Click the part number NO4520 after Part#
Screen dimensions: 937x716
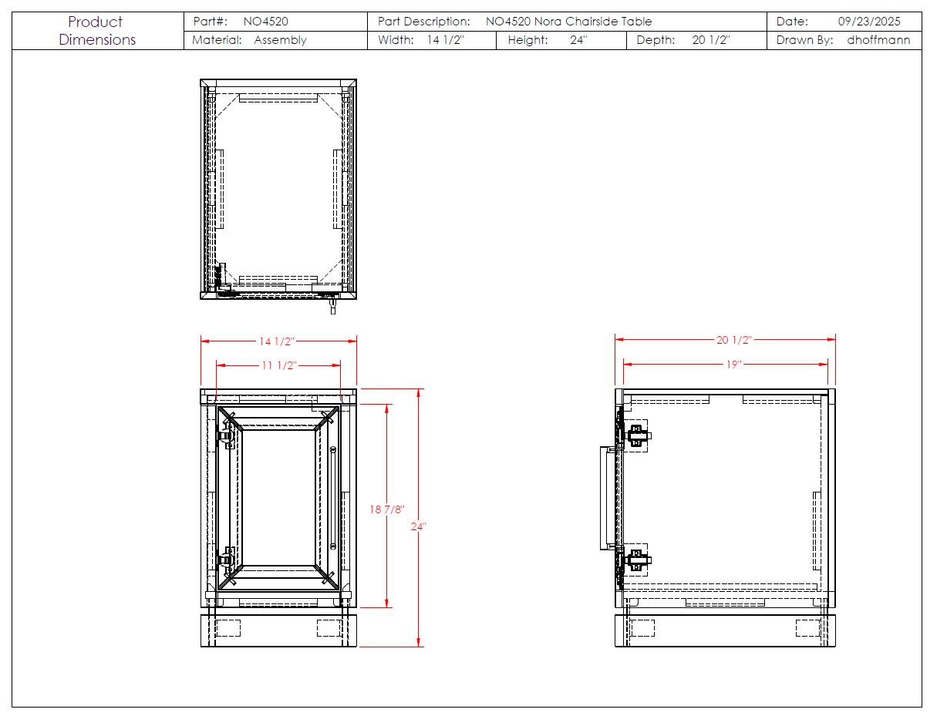(265, 22)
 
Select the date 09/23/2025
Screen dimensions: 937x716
(869, 22)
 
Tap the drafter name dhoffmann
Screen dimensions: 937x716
(878, 40)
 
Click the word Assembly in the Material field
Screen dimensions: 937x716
(280, 41)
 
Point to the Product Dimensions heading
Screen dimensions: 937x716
(97, 31)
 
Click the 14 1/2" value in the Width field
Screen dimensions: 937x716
(445, 40)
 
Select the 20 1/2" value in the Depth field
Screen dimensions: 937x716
(711, 40)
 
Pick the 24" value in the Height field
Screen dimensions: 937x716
(578, 40)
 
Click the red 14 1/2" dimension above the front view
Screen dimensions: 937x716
(277, 341)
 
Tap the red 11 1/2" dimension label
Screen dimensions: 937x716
(278, 365)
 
